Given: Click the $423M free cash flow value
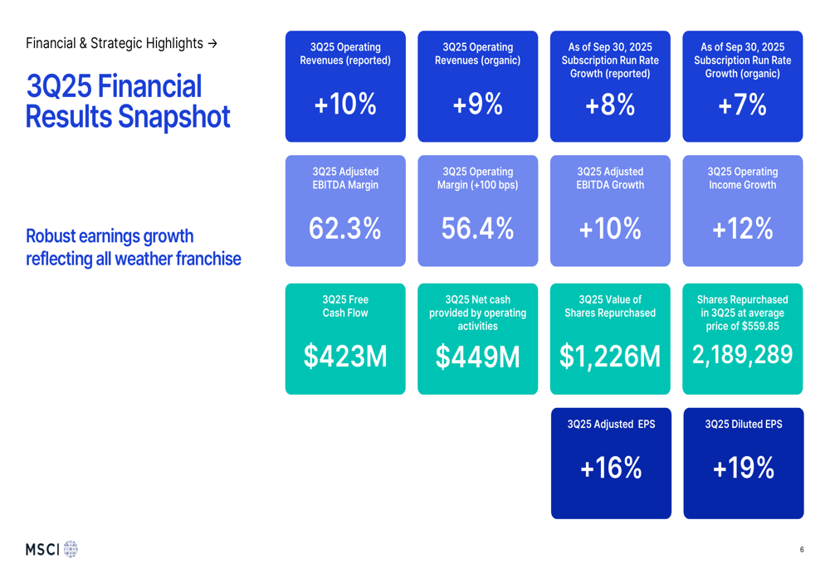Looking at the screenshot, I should (345, 356).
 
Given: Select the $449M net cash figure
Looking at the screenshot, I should (477, 357).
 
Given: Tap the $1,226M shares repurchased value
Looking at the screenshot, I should (610, 357).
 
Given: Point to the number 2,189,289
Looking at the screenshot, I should (742, 355).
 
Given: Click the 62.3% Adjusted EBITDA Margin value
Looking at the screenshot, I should (345, 229).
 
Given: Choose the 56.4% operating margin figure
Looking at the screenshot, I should (477, 229).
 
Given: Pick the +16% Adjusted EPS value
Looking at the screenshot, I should (611, 468).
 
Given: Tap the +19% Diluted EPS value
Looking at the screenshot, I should (743, 468).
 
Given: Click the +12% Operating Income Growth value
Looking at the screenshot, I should (742, 229).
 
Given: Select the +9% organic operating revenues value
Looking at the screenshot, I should (477, 104).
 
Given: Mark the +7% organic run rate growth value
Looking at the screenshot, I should (742, 104).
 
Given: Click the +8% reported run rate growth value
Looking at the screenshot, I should (610, 104).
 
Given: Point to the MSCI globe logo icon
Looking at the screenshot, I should (71, 549).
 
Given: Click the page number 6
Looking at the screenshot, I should (802, 550).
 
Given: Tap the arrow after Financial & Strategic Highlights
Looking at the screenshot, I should (212, 43).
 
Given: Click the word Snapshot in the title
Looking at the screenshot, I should (178, 117).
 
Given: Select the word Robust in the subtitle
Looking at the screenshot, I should (53, 236).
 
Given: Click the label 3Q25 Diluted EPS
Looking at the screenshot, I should (743, 425).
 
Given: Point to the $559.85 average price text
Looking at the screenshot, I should (754, 326).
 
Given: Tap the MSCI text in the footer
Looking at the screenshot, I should (42, 549).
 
